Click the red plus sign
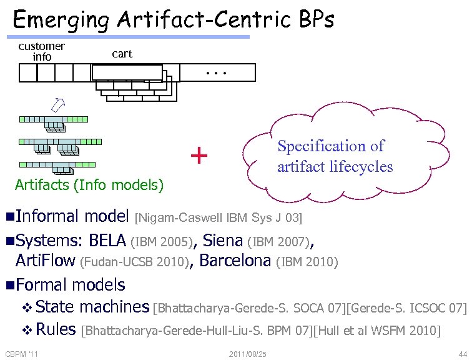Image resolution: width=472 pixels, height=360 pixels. click(x=199, y=155)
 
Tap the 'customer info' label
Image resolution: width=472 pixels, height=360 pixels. click(x=42, y=51)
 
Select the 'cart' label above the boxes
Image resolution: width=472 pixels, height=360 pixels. click(x=122, y=54)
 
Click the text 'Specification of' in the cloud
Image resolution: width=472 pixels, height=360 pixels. click(x=330, y=146)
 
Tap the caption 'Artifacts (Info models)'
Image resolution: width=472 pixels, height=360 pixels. click(x=89, y=185)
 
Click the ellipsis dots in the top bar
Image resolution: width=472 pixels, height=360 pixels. click(x=215, y=72)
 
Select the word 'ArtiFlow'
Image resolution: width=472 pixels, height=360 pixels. click(x=45, y=261)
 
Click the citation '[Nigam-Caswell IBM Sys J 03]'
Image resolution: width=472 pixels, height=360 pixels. click(x=219, y=218)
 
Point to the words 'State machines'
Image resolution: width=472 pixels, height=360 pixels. click(x=92, y=307)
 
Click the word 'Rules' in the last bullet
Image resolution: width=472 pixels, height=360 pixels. click(x=56, y=329)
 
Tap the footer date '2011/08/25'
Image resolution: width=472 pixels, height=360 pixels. click(x=248, y=354)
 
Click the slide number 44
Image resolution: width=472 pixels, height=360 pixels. click(x=462, y=354)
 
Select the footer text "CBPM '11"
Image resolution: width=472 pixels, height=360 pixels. click(x=22, y=354)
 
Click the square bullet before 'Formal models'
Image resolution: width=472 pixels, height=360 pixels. click(x=9, y=286)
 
